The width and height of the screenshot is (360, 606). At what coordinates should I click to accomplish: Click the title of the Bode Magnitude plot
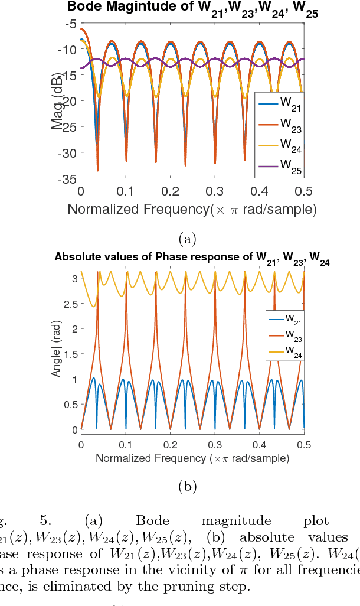192,9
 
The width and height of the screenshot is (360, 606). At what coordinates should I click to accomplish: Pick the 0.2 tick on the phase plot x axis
170,444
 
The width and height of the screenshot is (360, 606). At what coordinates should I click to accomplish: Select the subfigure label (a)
187,238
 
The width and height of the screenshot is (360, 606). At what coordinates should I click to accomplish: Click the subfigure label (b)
187,486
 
